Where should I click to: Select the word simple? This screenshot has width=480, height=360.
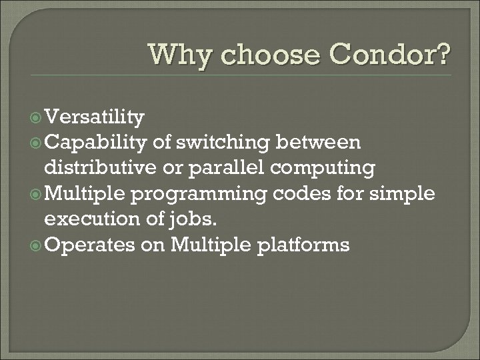(403, 194)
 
